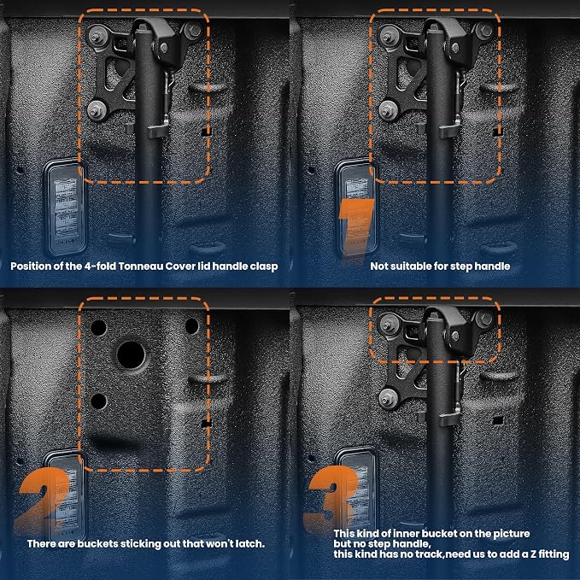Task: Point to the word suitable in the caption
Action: pyautogui.click(x=409, y=267)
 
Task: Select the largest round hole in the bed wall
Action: pyautogui.click(x=131, y=354)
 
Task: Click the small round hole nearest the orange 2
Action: pyautogui.click(x=20, y=461)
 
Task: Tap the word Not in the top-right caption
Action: pyautogui.click(x=379, y=267)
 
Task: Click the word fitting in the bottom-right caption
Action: pyautogui.click(x=554, y=555)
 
